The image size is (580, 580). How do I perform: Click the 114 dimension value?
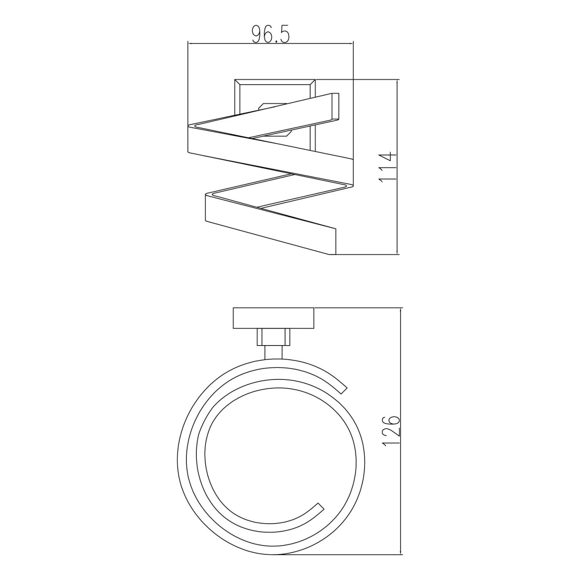(x=386, y=167)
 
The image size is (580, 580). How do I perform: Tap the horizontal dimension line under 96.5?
(x=270, y=44)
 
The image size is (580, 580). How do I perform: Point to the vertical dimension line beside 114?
(x=397, y=167)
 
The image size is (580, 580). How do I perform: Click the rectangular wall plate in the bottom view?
(x=273, y=319)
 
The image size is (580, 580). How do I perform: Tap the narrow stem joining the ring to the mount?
(x=273, y=352)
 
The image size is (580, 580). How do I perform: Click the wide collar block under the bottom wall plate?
(x=273, y=337)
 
